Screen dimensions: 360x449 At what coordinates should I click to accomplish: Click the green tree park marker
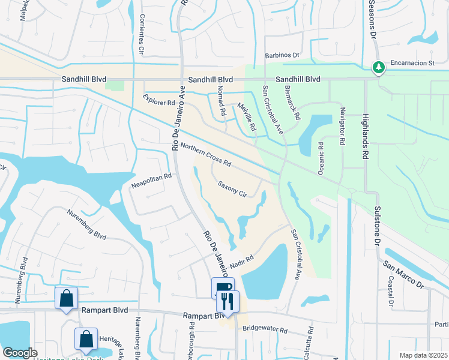coord(378,68)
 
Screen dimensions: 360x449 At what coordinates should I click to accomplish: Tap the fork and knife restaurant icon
coord(228,301)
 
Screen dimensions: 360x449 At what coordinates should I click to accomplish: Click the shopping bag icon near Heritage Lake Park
coord(86,339)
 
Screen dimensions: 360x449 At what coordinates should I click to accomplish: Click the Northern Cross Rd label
coord(206,155)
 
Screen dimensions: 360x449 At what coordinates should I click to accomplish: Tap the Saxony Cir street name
coord(232,190)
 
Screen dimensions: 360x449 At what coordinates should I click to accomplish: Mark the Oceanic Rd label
coord(321,157)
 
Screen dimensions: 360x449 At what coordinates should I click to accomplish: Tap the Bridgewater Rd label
coord(265,329)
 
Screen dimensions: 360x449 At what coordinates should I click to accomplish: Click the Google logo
coord(20,353)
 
